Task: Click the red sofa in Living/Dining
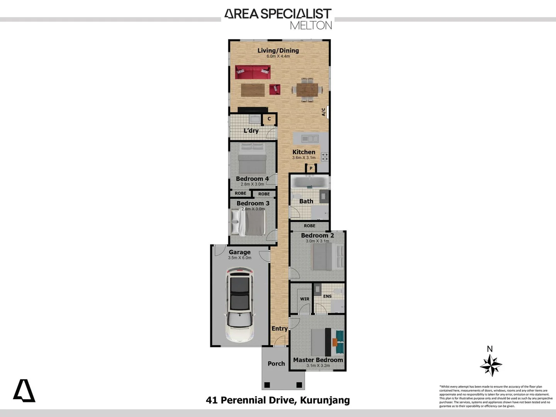[253, 72]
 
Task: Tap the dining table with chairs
[307, 90]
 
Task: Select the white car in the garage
[240, 305]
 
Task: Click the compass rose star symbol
[491, 365]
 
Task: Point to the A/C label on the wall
[324, 112]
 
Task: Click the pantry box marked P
[311, 168]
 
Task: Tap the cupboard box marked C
[269, 119]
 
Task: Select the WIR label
[305, 299]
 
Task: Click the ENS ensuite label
[327, 296]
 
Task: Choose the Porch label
[276, 363]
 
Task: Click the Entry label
[279, 329]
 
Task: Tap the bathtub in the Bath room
[309, 181]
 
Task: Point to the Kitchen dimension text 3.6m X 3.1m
[304, 158]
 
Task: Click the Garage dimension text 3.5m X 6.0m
[239, 258]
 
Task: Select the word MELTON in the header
[311, 25]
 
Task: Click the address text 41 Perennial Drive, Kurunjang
[278, 400]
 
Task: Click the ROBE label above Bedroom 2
[309, 226]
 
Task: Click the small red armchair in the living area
[275, 89]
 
